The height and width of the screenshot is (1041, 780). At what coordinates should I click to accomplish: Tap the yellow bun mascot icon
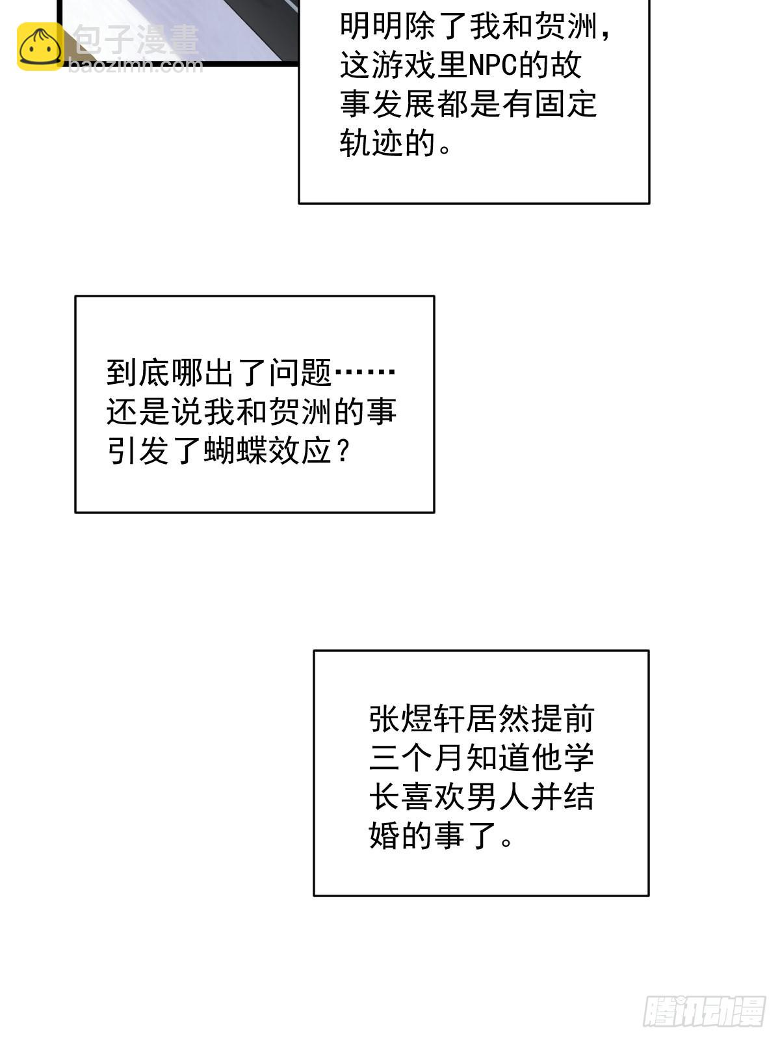(x=40, y=46)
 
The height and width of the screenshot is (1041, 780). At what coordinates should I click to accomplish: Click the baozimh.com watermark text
(x=136, y=65)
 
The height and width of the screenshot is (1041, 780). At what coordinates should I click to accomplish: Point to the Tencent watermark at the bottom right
(x=704, y=1010)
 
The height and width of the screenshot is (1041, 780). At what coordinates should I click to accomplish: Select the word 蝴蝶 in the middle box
(x=235, y=450)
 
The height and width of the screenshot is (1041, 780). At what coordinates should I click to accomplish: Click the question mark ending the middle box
(x=342, y=450)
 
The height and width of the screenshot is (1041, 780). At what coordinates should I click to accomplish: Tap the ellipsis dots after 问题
(x=364, y=372)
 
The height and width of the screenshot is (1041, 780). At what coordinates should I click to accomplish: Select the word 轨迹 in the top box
(x=372, y=142)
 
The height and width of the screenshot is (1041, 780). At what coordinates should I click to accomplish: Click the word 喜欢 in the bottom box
(x=434, y=796)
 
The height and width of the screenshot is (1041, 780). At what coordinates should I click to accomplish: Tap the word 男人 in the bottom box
(x=498, y=796)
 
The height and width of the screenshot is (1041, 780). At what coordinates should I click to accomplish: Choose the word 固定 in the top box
(x=565, y=104)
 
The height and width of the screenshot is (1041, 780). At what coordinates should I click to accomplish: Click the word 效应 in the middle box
(x=300, y=450)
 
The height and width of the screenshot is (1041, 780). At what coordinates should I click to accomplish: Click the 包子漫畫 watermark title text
(x=136, y=39)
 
